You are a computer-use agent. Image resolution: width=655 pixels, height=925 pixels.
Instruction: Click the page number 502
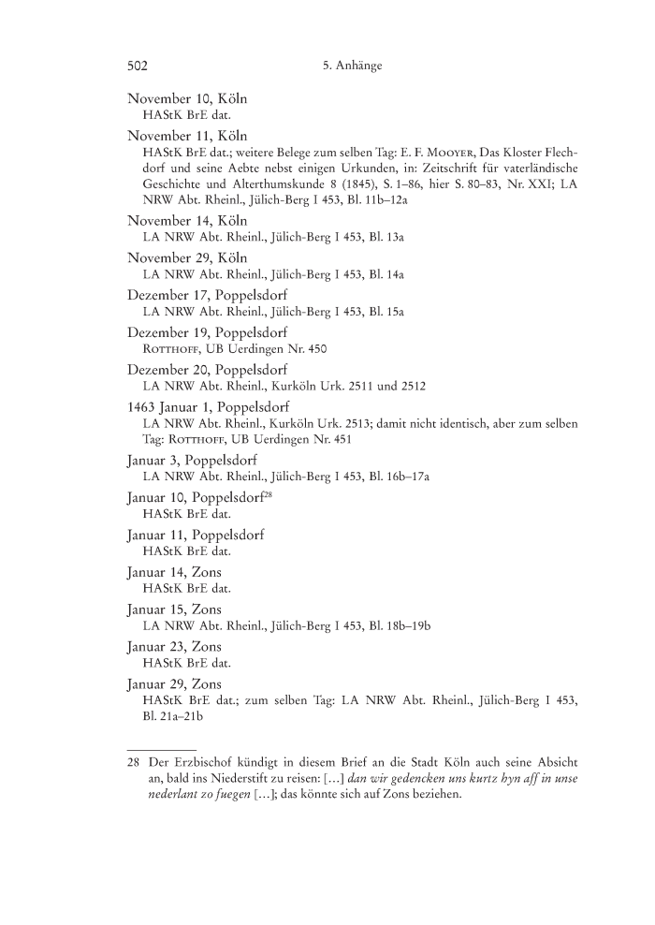coord(138,66)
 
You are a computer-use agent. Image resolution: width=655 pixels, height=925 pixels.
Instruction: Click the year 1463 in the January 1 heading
coord(143,406)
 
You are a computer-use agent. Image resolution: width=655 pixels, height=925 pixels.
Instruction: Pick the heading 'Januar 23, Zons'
coord(174,645)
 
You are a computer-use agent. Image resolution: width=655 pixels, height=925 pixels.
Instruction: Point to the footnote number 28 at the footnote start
coord(133,761)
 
